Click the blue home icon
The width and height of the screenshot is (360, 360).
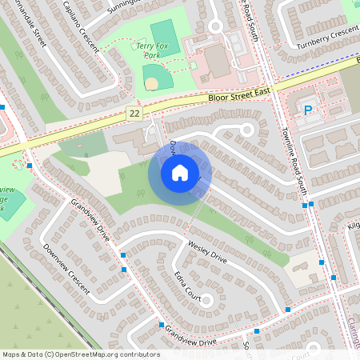click(x=180, y=172)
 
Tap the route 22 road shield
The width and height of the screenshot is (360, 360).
click(x=134, y=114)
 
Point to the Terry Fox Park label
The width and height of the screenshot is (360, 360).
click(x=152, y=52)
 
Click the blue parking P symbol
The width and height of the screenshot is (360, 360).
click(x=308, y=110)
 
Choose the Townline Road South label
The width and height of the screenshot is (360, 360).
click(x=291, y=160)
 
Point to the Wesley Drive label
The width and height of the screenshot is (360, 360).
click(x=207, y=250)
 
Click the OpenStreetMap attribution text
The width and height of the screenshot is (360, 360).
click(x=81, y=354)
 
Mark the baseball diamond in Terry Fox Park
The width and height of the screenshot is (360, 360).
click(x=152, y=78)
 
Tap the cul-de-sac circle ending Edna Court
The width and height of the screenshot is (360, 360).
click(x=207, y=301)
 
